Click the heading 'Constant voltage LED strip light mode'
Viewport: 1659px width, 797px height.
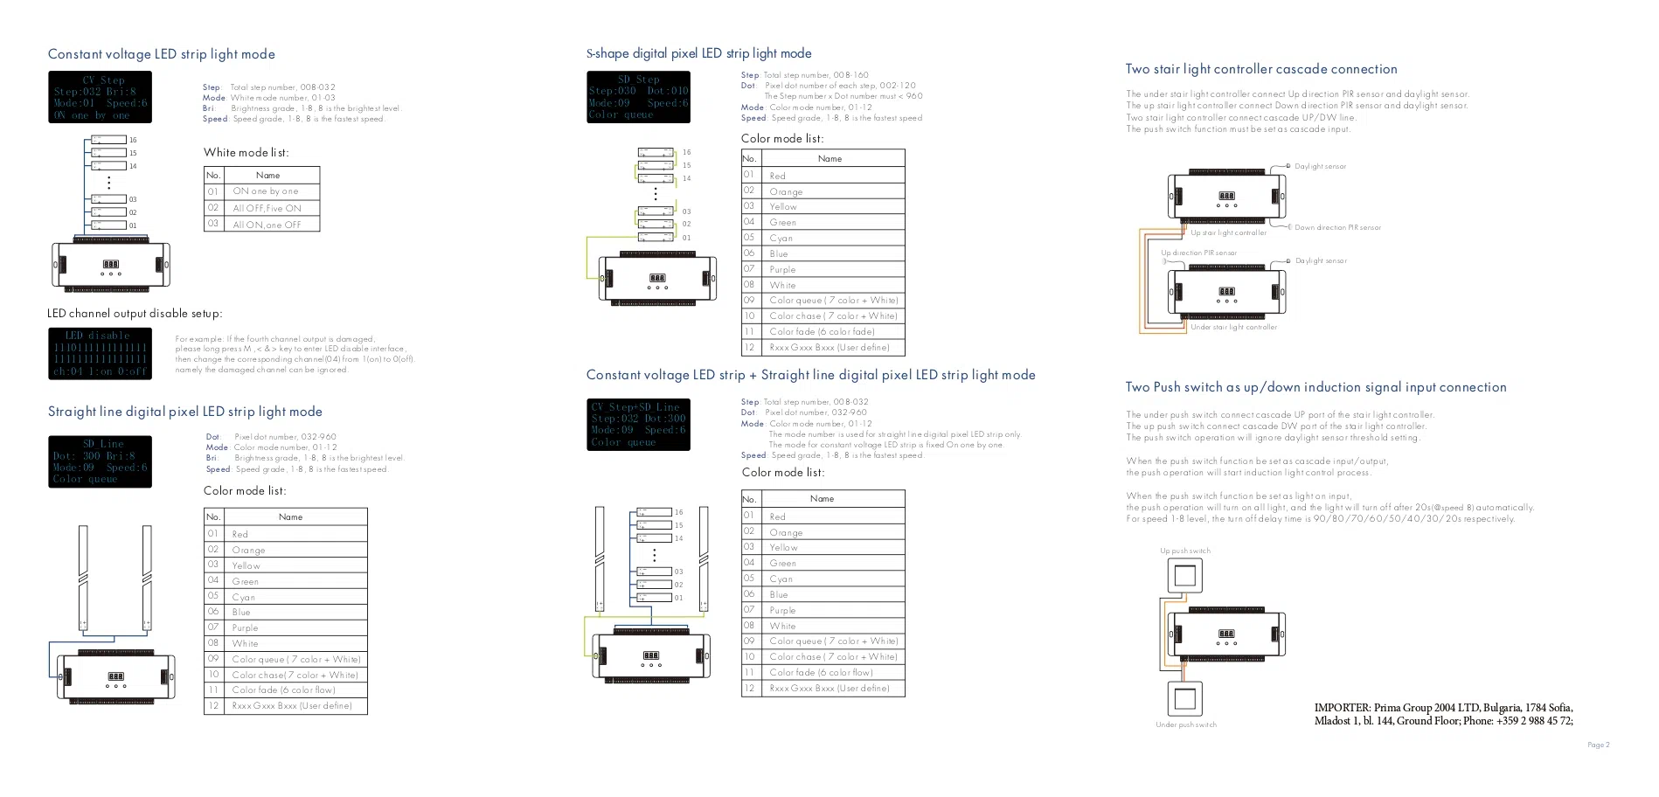tap(161, 54)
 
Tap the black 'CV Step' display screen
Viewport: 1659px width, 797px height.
tap(100, 97)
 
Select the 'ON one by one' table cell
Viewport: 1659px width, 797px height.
tap(266, 191)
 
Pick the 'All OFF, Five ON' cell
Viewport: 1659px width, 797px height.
tap(267, 208)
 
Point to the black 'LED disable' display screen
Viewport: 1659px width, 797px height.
tap(100, 353)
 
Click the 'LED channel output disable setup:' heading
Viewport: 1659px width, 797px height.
tap(135, 313)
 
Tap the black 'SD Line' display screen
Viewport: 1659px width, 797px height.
tap(100, 461)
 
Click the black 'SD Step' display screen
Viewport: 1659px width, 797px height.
tap(638, 96)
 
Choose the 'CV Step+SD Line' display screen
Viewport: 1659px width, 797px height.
tap(638, 425)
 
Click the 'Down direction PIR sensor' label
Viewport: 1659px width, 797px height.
tap(1337, 228)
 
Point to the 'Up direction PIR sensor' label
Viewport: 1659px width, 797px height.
tap(1198, 253)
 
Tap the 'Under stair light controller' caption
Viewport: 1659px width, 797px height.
tap(1233, 328)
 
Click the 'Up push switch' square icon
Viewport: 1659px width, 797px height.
tap(1185, 575)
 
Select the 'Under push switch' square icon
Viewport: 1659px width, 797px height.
tap(1185, 699)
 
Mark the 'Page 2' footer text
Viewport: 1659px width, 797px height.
tap(1598, 745)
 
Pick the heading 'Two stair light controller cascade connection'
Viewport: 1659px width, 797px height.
tap(1260, 69)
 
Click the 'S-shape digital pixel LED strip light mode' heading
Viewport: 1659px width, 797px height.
tap(698, 53)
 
